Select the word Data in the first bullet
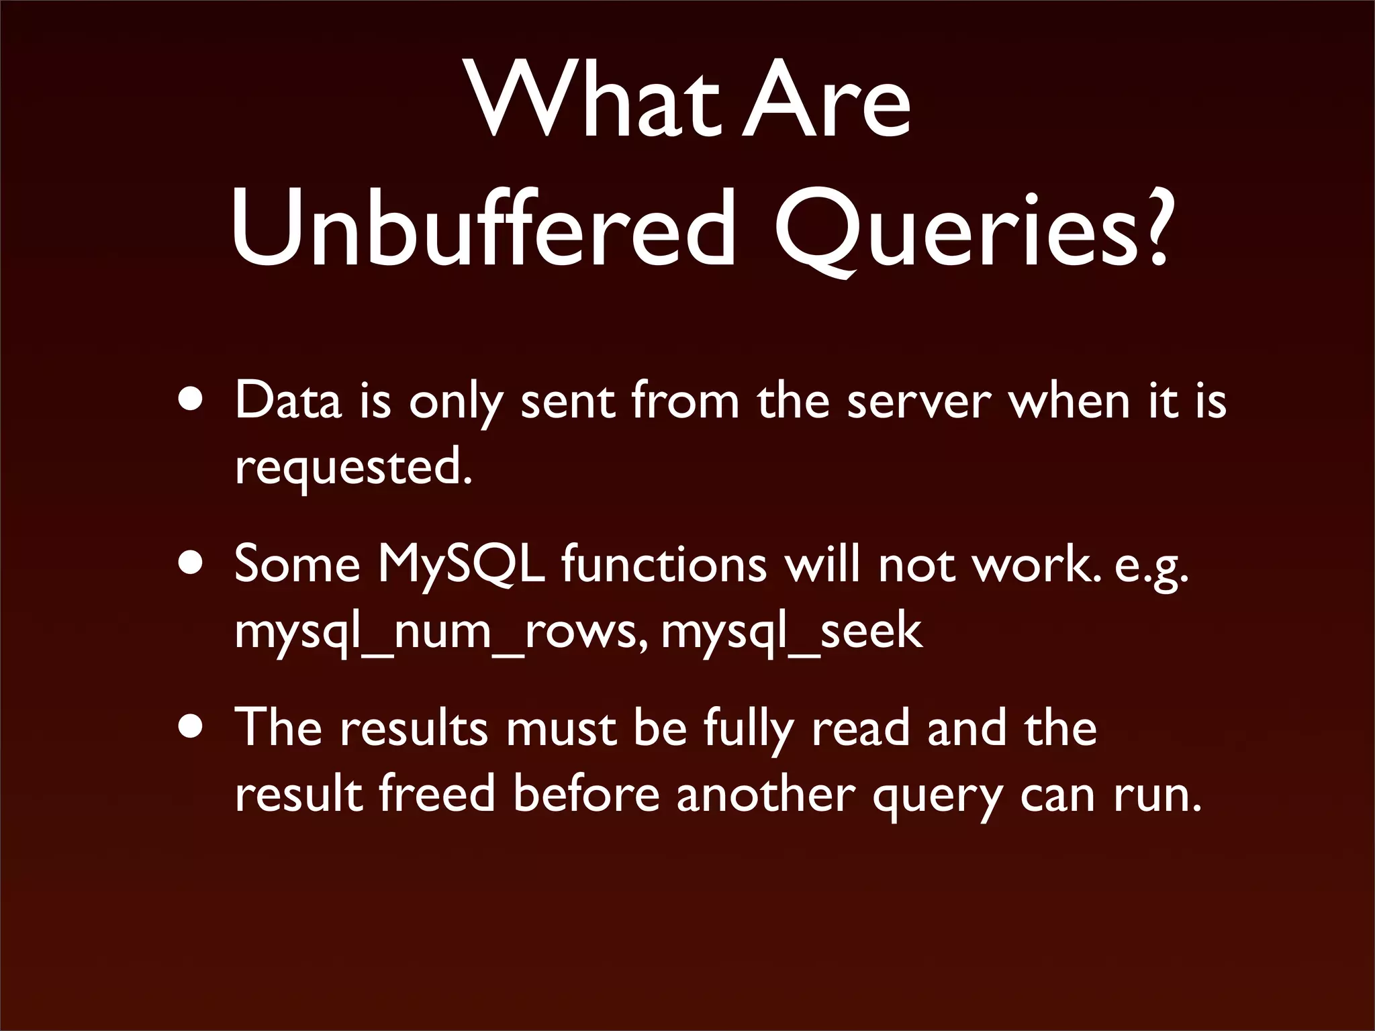(289, 401)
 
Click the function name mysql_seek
(792, 631)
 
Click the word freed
(436, 793)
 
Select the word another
(765, 793)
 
